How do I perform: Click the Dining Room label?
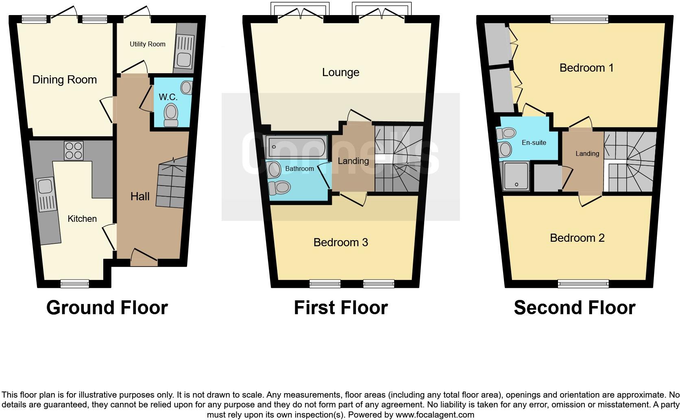click(x=65, y=80)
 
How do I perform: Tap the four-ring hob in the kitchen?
click(x=73, y=151)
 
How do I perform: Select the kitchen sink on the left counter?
click(x=44, y=186)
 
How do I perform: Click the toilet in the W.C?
click(x=171, y=114)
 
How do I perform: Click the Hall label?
click(x=140, y=197)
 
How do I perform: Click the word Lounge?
click(x=340, y=72)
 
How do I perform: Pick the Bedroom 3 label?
click(x=340, y=243)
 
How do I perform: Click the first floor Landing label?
click(x=353, y=161)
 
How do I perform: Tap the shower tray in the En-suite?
click(x=516, y=176)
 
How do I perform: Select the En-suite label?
click(x=534, y=143)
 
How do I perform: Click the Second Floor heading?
click(x=574, y=308)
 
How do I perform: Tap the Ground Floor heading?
click(x=107, y=308)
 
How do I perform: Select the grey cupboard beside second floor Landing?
click(x=547, y=177)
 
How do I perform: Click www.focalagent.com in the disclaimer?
click(x=434, y=415)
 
